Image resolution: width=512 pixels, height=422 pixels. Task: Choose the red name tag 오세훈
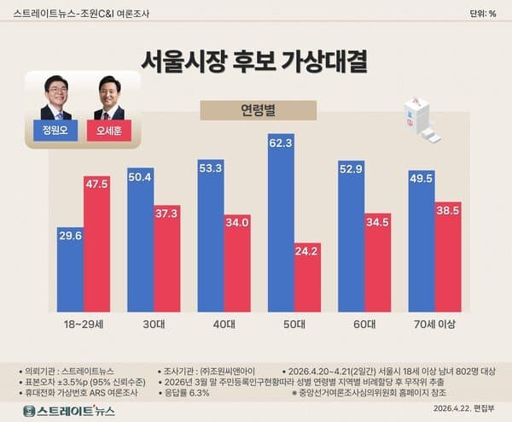(x=109, y=132)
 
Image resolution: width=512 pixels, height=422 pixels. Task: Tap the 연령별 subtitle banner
(x=256, y=110)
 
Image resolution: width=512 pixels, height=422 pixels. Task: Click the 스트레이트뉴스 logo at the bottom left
(x=70, y=411)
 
